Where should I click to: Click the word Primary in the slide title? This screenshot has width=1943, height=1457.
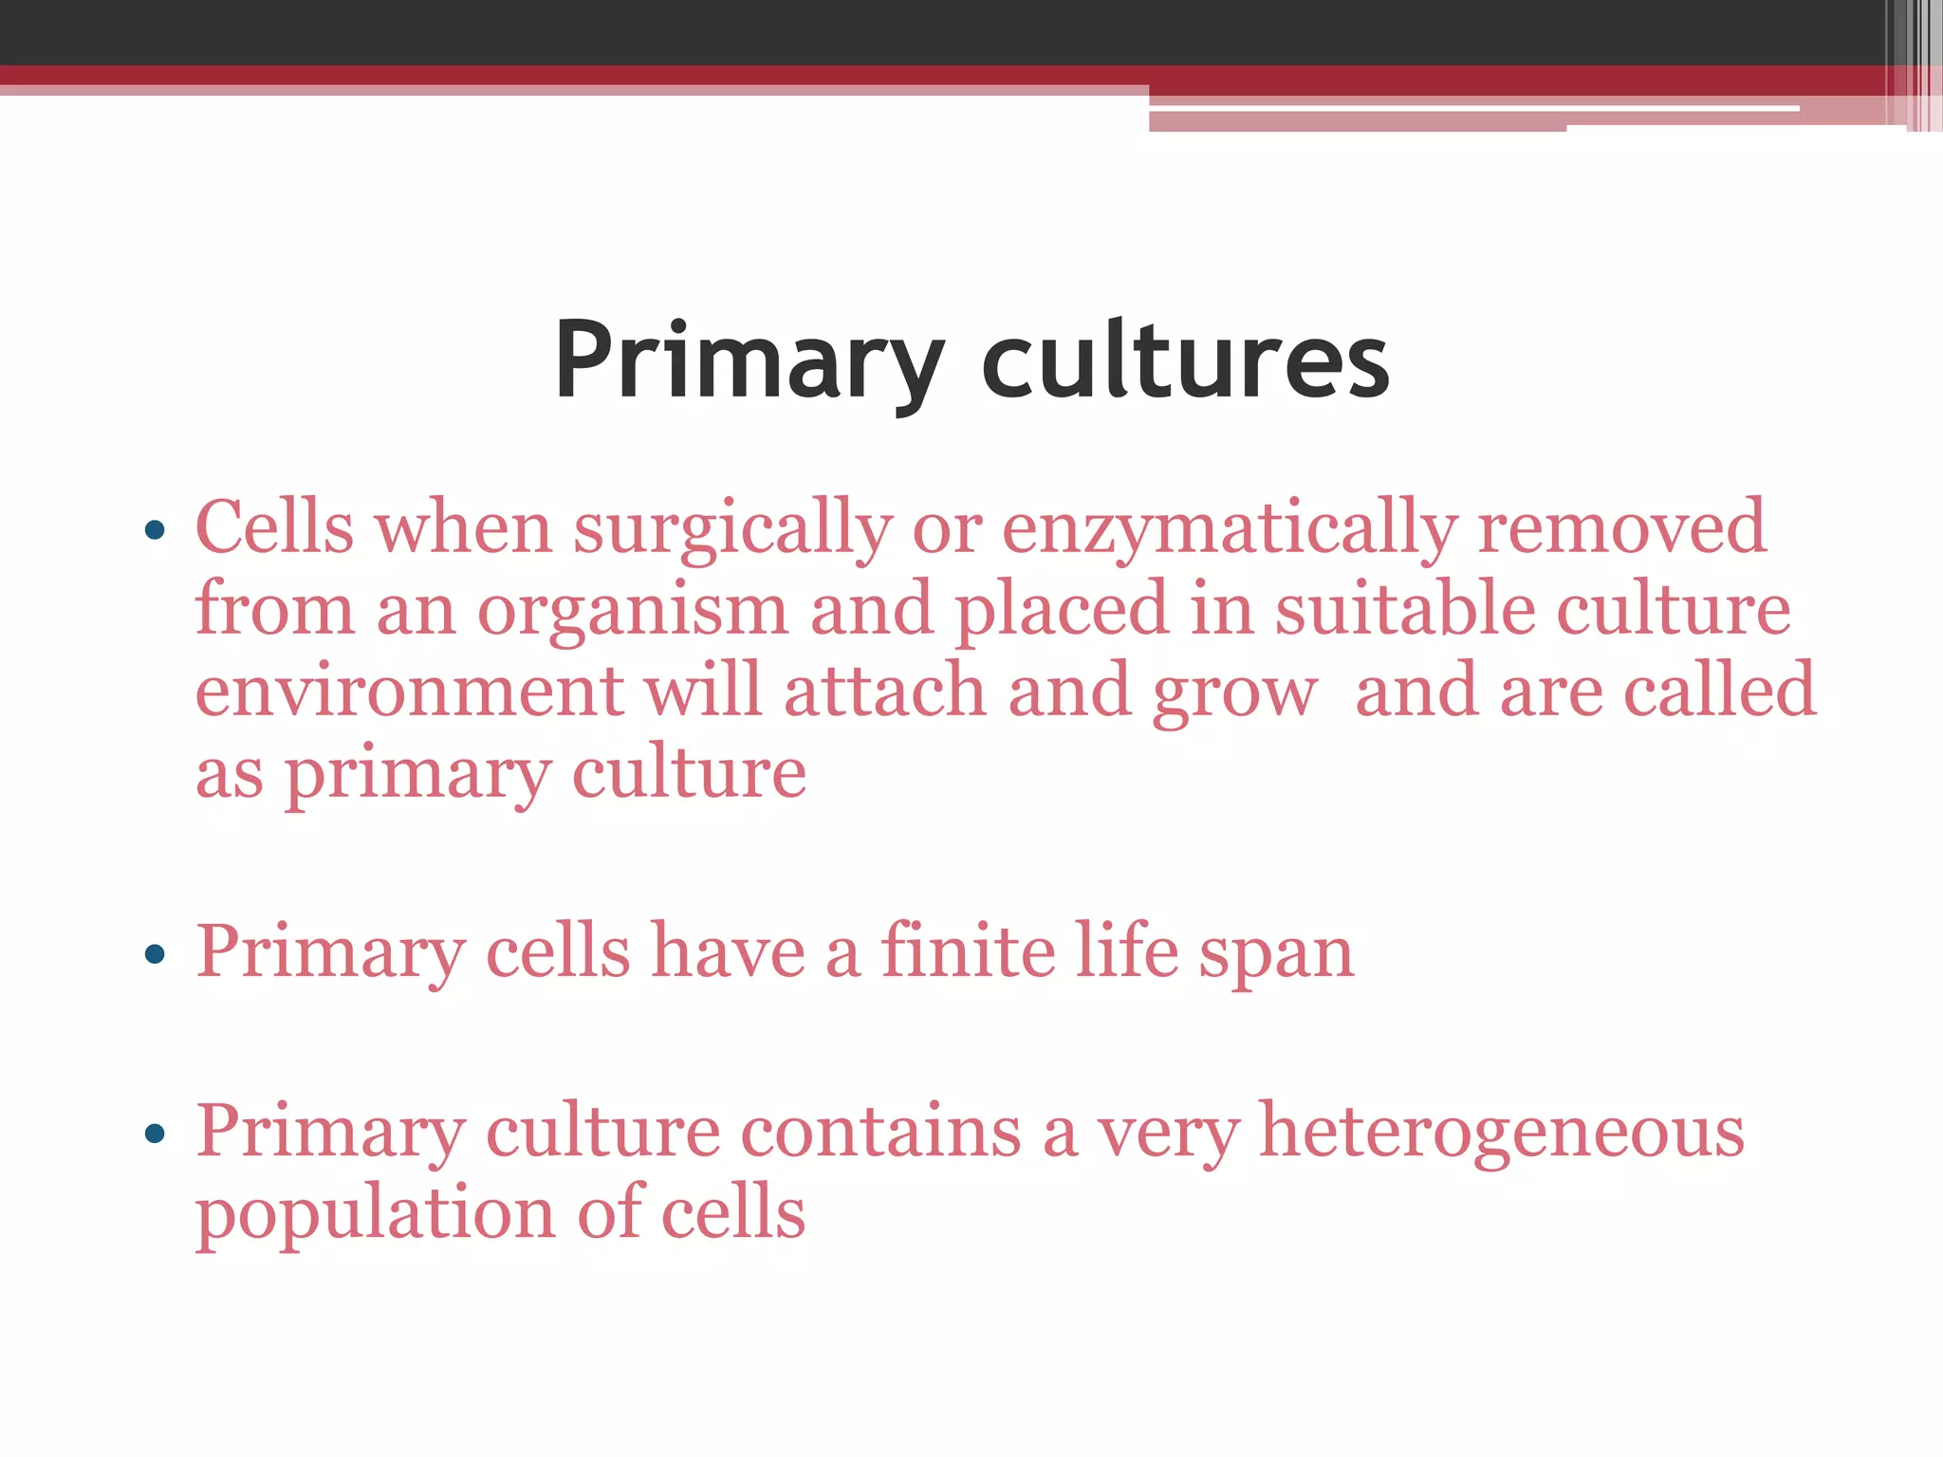pos(749,361)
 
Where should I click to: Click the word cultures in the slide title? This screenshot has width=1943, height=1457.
pos(1185,361)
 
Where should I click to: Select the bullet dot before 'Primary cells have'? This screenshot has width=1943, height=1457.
pos(155,953)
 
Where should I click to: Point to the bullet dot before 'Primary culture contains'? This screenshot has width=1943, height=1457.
pos(155,1133)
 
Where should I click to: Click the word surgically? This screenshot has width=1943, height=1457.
pos(732,529)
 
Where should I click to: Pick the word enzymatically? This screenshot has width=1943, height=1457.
pos(1230,529)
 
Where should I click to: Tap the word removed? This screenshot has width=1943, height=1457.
pos(1621,527)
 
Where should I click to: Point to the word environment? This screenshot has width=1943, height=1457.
pos(409,692)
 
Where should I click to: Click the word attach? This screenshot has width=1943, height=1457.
pos(884,692)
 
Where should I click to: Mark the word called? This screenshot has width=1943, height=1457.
pos(1719,691)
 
